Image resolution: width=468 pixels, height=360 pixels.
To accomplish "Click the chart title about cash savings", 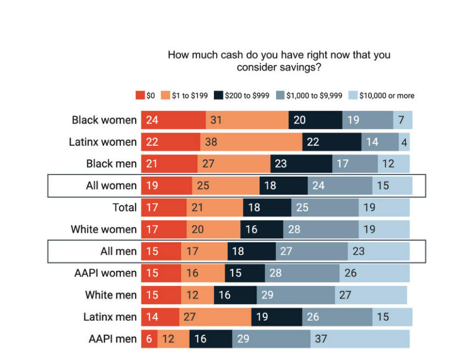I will click(x=279, y=61).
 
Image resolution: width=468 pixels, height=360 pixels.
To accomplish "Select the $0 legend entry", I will click(x=146, y=95).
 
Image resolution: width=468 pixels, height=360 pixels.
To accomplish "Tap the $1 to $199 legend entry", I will click(x=184, y=95).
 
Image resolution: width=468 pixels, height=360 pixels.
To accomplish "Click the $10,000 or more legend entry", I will click(x=382, y=95).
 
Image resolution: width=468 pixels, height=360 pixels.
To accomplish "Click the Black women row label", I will click(x=104, y=120).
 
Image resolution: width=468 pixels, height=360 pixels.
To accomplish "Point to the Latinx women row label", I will click(x=102, y=142).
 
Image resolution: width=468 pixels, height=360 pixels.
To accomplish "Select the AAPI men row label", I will click(x=112, y=339).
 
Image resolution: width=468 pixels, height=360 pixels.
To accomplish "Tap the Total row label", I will click(x=124, y=208).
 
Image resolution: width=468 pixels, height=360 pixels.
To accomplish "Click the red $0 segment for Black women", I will click(x=173, y=120).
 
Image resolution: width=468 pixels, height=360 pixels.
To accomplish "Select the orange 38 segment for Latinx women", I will click(x=251, y=142).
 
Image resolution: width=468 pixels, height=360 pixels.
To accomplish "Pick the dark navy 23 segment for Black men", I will click(x=301, y=164).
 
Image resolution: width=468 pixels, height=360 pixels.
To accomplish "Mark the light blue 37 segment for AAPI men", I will click(x=360, y=339).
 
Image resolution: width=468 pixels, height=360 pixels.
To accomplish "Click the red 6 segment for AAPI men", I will click(x=149, y=339).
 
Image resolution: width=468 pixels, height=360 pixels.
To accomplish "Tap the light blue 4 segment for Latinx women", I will click(x=404, y=142).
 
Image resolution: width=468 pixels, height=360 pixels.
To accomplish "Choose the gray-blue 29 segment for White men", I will click(x=295, y=295).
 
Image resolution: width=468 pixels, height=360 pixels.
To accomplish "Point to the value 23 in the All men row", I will click(x=358, y=252).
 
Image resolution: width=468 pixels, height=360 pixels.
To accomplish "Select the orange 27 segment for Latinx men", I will click(x=215, y=317).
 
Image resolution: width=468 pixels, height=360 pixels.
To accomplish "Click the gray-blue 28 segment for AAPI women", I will click(x=302, y=273).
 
